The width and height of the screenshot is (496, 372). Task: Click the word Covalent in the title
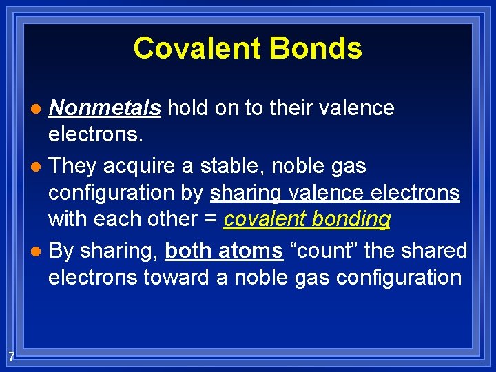(x=194, y=48)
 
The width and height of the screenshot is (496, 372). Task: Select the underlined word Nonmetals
(x=105, y=108)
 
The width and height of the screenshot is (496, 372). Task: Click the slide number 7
(x=12, y=356)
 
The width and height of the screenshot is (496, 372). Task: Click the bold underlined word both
(x=187, y=250)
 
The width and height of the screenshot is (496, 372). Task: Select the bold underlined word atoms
(x=249, y=250)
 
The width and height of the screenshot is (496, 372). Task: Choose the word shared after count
(x=433, y=250)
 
